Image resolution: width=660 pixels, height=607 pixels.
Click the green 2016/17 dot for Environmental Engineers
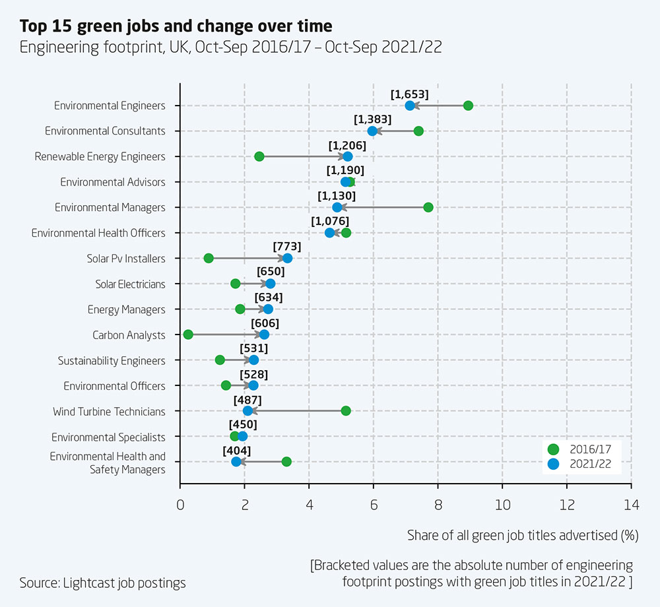[x=468, y=106]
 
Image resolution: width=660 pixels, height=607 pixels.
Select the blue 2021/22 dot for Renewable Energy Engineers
[x=348, y=156]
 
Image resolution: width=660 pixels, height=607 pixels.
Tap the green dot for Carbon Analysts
[x=188, y=335]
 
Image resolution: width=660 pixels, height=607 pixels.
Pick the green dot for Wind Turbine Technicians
[x=346, y=411]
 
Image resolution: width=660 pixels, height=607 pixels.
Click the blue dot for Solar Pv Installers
[x=287, y=258]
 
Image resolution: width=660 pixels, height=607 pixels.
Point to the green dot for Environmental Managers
[x=428, y=207]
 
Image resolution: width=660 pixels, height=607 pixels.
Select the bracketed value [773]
[x=287, y=247]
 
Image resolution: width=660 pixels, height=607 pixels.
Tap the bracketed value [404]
[x=237, y=450]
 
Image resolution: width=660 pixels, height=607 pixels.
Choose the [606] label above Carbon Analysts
[x=265, y=323]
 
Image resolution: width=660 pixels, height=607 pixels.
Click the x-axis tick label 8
[x=438, y=506]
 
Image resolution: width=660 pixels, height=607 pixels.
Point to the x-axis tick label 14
[x=632, y=506]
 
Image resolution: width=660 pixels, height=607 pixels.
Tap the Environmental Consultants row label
[x=105, y=131]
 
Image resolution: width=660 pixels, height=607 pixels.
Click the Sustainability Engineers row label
[x=112, y=360]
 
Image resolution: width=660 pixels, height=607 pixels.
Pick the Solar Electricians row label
[x=130, y=284]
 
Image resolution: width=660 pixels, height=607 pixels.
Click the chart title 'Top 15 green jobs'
[x=176, y=26]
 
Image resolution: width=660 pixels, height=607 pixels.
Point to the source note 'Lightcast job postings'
[x=102, y=583]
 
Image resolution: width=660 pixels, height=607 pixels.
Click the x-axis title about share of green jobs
[x=522, y=535]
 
